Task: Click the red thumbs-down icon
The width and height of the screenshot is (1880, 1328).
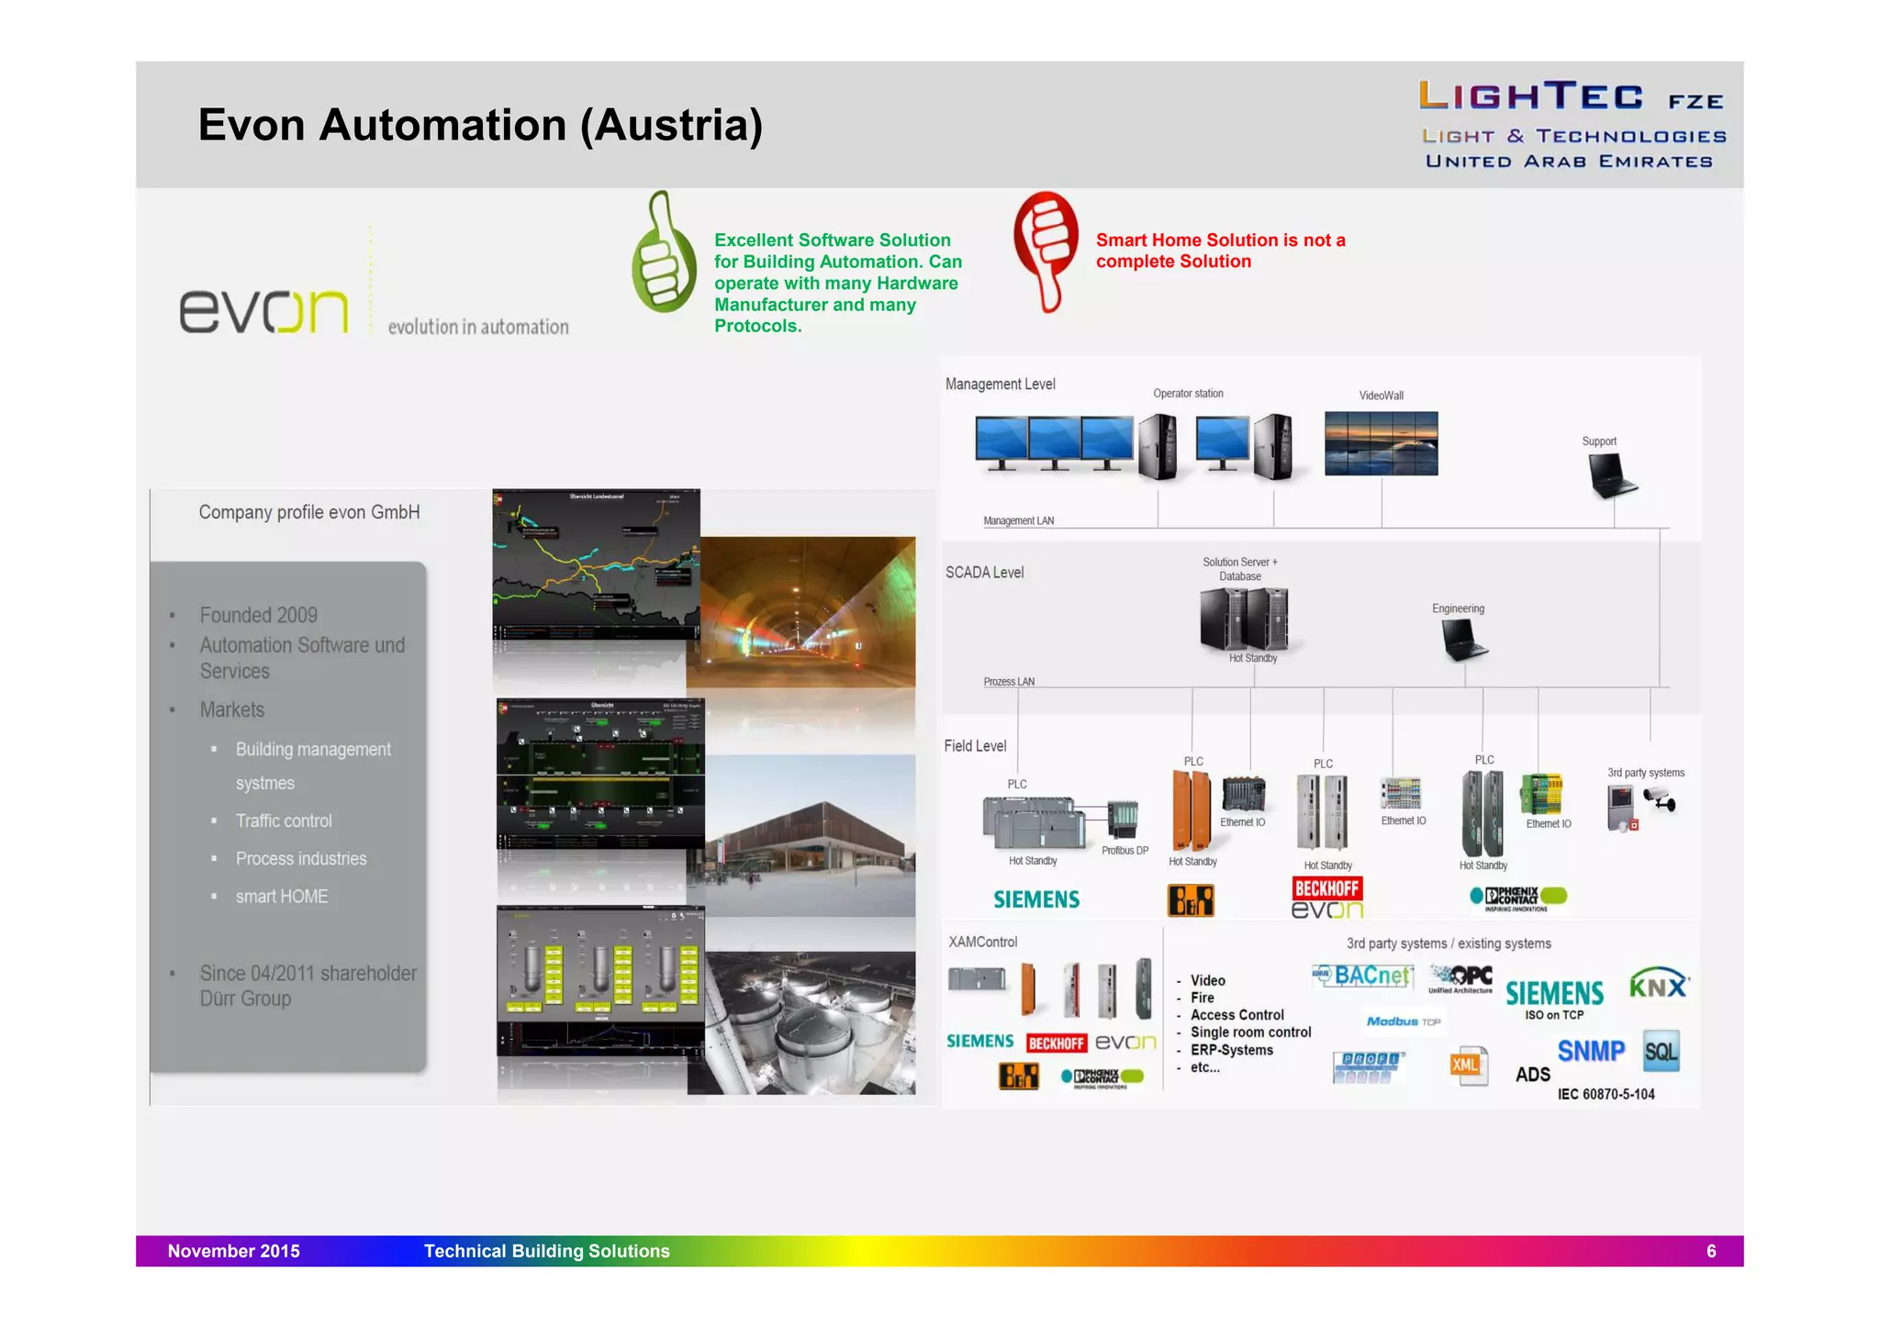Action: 1046,250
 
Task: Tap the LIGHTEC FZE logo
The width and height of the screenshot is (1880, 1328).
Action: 1571,124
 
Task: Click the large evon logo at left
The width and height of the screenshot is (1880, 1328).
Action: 264,310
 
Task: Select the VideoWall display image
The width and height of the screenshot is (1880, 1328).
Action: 1381,443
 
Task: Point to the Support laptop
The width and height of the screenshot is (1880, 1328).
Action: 1611,476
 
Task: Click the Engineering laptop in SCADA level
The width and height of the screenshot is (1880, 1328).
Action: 1463,639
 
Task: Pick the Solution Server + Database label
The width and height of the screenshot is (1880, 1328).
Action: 1239,569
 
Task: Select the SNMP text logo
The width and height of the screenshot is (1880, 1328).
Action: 1591,1051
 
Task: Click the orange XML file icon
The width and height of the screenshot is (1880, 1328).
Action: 1468,1066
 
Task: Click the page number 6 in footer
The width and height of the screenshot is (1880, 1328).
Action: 1710,1251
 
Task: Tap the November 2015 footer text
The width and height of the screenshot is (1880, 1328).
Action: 233,1251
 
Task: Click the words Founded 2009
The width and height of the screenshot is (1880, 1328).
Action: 259,615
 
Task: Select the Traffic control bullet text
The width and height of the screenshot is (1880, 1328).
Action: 284,820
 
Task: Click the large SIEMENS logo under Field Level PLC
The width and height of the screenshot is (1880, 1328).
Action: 1036,899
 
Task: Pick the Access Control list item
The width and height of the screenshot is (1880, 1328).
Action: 1237,1015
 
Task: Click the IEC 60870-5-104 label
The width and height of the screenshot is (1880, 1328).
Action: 1606,1094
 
